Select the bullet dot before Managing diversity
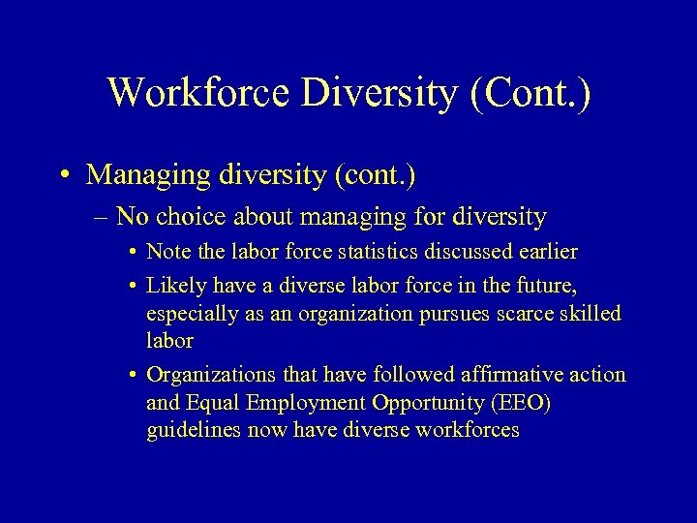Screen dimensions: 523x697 coord(62,175)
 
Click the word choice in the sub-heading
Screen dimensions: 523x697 coord(211,216)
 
